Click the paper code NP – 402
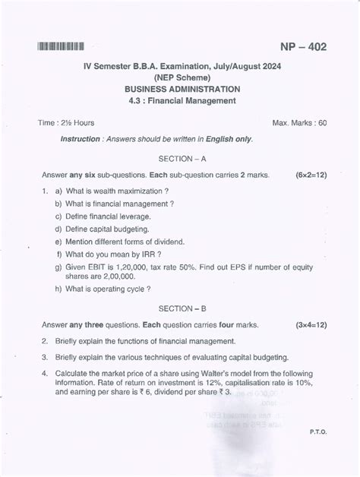(303, 47)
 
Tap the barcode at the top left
(59, 48)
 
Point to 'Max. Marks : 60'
(299, 122)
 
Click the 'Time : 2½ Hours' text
(67, 122)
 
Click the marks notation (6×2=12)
(311, 175)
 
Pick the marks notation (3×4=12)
(311, 324)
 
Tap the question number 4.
(46, 374)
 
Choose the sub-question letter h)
(58, 289)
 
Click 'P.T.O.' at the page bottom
(317, 431)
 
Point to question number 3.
(46, 357)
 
